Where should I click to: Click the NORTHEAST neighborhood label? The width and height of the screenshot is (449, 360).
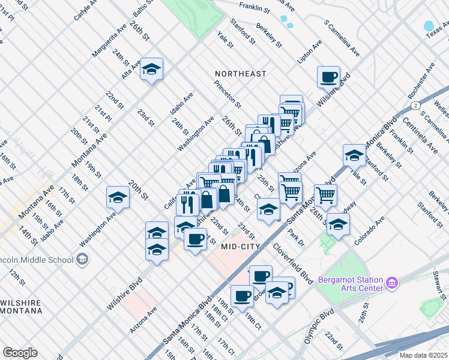pyautogui.click(x=241, y=74)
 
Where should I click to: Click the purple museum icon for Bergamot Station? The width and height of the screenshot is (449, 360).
pyautogui.click(x=392, y=281)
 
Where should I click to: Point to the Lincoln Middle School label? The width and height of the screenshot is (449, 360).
pyautogui.click(x=36, y=260)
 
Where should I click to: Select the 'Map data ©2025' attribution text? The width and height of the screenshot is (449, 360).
pyautogui.click(x=424, y=355)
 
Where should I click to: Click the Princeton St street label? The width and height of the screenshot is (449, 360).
pyautogui.click(x=227, y=94)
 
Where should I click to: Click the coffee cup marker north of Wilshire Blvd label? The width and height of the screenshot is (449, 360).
pyautogui.click(x=328, y=77)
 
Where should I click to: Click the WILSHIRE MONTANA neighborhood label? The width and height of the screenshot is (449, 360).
pyautogui.click(x=21, y=307)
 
